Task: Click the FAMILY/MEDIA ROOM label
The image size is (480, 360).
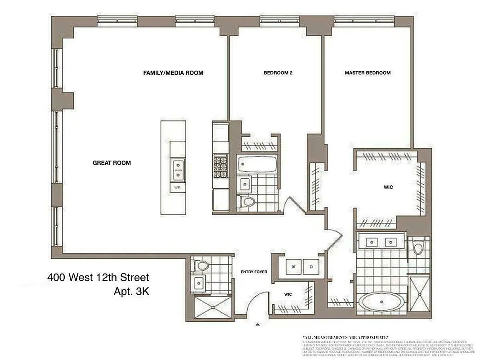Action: coord(173,72)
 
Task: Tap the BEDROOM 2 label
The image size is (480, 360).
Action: coord(278,73)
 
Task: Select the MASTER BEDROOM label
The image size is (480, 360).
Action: coord(368,73)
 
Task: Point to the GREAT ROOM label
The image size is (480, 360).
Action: coord(112,163)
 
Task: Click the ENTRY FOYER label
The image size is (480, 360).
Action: coord(254,272)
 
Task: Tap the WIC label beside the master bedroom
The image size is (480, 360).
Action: coord(388,187)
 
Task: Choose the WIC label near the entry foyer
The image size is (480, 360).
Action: coord(288,294)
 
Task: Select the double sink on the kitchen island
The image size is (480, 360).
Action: coord(178,169)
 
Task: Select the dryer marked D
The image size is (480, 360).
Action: coord(311,266)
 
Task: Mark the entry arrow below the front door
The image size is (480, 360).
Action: coord(258,324)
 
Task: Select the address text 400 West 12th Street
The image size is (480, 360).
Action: coord(98,278)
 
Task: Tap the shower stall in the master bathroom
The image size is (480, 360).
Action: coord(419,294)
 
